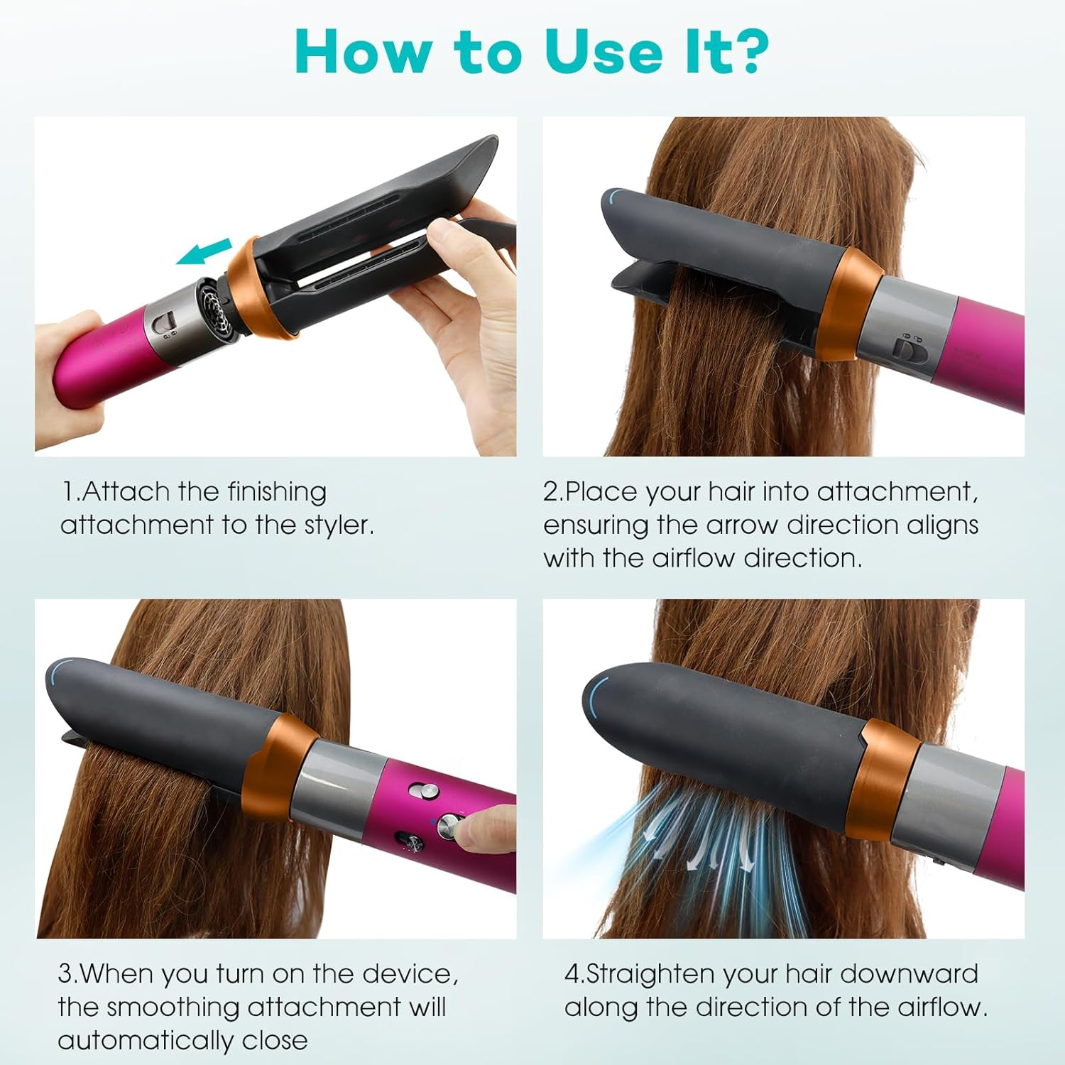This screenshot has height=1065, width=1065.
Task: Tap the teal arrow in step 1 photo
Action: point(204,252)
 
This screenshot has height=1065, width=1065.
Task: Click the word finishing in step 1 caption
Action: point(277,492)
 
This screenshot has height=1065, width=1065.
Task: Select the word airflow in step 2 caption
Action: point(694,559)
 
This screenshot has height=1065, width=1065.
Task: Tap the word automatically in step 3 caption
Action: point(146,1041)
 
